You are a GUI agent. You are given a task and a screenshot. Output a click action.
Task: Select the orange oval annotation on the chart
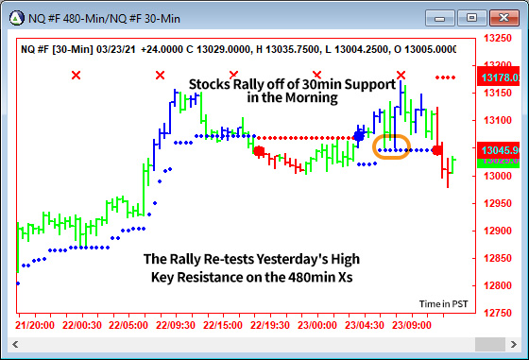pyautogui.click(x=392, y=148)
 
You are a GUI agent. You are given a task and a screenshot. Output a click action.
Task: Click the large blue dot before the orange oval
pyautogui.click(x=359, y=136)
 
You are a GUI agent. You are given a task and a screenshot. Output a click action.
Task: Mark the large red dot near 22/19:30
pyautogui.click(x=258, y=150)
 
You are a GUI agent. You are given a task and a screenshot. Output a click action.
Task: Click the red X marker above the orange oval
pyautogui.click(x=401, y=75)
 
